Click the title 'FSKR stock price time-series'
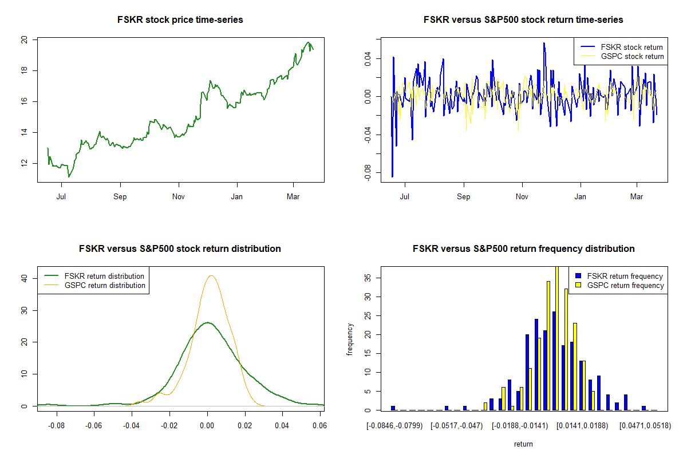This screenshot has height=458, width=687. [180, 20]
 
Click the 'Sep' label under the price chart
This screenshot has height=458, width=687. [120, 197]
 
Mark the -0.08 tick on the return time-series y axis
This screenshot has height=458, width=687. [368, 171]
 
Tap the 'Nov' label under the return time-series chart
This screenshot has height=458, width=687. [522, 197]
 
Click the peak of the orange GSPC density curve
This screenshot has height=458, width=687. [211, 275]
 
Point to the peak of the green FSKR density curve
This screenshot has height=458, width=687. [207, 322]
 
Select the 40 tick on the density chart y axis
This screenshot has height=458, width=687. [25, 278]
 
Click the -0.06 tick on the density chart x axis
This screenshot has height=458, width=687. [94, 426]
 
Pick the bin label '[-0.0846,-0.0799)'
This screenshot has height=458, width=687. [394, 426]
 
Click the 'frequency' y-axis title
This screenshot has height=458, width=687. [350, 339]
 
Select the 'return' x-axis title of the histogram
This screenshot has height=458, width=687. [523, 444]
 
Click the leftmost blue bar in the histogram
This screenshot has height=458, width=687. [393, 408]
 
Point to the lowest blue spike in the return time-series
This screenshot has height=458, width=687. [392, 176]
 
